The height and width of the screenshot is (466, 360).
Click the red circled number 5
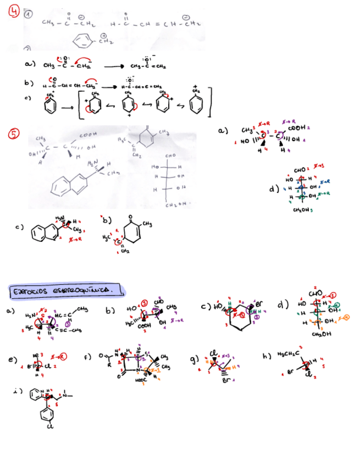(x=14, y=134)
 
